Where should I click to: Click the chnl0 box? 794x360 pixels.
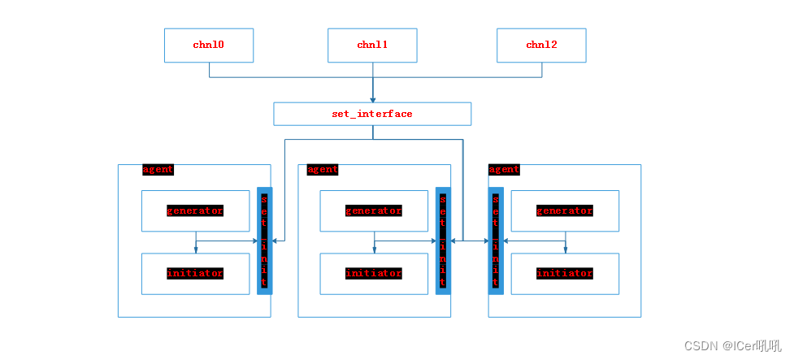coord(209,46)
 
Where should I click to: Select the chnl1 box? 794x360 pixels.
coord(372,46)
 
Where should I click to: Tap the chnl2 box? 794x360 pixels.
coord(541,46)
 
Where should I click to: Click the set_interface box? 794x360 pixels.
coord(372,114)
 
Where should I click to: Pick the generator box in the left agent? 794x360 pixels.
coord(195,211)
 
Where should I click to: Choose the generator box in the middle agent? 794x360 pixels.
coord(374,211)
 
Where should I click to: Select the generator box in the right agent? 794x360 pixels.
coord(565,211)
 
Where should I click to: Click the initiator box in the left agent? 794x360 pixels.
coord(195,274)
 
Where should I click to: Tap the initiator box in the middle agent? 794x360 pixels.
coord(374,274)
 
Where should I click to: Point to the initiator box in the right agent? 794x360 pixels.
coord(565,274)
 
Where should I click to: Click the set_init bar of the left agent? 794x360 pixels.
coord(264,241)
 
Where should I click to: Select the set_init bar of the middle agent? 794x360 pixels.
coord(443,241)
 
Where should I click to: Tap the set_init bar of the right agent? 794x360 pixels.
coord(496,241)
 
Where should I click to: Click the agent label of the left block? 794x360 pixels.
coord(158,170)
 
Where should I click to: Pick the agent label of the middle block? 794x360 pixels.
coord(323,170)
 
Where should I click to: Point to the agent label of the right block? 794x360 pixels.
coord(504,170)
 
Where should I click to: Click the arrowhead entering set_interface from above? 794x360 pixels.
coord(373,98)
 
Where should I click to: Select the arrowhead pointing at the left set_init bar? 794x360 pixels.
coord(276,241)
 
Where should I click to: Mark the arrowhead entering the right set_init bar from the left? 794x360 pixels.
coord(484,241)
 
